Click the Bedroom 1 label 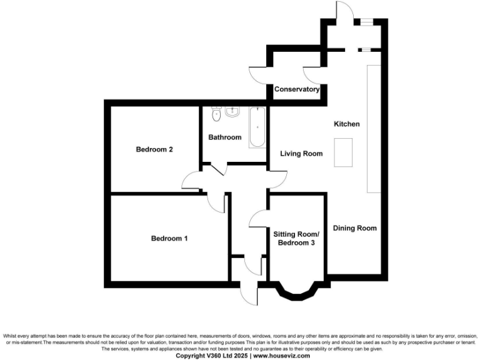tap(169, 238)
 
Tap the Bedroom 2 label tap(154, 149)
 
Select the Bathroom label tap(225, 137)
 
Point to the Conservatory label tap(297, 89)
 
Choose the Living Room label tap(301, 153)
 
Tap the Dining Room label tap(354, 228)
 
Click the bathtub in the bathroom tap(257, 127)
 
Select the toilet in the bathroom tap(217, 114)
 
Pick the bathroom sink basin tap(232, 112)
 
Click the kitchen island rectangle tap(344, 153)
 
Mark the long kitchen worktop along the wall tap(373, 128)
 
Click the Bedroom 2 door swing tap(191, 181)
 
